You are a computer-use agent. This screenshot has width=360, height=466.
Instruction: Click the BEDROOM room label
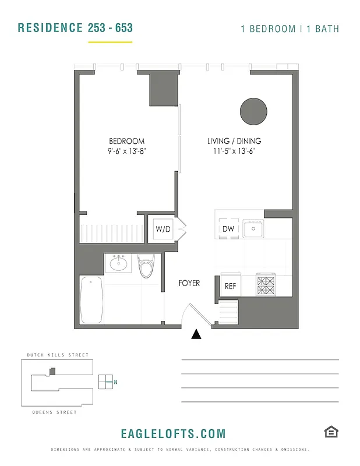126,142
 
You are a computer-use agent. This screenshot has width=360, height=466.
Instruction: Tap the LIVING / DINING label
234,142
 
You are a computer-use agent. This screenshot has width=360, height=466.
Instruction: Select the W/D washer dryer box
163,229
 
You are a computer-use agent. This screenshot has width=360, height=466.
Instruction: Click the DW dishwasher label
228,229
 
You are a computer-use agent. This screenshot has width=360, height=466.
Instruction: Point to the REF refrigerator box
230,286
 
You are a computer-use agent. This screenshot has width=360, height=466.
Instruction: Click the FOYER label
189,283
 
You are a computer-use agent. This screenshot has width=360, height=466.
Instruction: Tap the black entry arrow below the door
197,334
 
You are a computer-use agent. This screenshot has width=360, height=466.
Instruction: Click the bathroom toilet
146,266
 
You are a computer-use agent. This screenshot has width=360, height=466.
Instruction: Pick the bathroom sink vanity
120,263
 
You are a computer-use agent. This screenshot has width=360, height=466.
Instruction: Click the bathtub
91,299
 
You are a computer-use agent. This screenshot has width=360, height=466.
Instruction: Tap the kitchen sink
253,229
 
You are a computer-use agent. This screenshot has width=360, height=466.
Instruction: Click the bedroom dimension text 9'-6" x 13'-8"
126,151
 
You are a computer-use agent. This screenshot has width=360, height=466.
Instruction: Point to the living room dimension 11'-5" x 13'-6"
234,151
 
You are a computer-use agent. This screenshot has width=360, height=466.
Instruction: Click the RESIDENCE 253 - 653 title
75,28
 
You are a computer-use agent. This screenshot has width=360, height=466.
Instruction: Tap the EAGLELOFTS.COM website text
173,433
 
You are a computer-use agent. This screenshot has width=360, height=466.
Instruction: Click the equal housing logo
331,432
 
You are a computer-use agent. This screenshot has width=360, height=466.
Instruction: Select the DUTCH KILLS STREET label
58,355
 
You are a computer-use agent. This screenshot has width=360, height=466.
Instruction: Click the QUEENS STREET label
54,412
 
